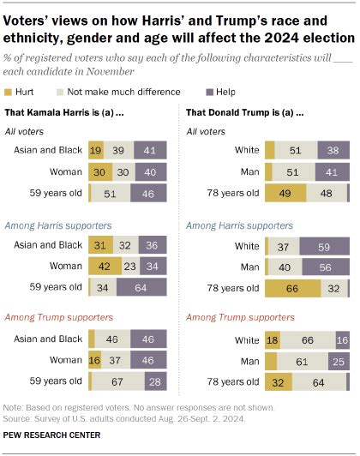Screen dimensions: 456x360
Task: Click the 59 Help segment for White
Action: click(326, 247)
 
